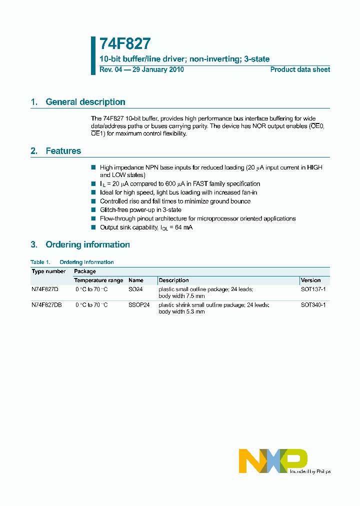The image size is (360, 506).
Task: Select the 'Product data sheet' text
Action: [x=300, y=70]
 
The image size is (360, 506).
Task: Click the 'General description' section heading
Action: [x=85, y=102]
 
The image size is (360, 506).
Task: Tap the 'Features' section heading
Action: [x=63, y=151]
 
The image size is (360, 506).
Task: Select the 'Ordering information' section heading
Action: [x=87, y=244]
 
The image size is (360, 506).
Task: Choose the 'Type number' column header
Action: [x=48, y=271]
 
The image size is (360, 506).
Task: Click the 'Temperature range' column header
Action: [x=98, y=280]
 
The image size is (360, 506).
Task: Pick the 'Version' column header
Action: [x=310, y=280]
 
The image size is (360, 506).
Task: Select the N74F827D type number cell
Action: [x=45, y=289]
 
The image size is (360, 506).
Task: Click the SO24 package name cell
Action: [x=135, y=289]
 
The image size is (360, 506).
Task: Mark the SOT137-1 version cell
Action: [x=313, y=289]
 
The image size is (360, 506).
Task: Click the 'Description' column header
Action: [x=173, y=280]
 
